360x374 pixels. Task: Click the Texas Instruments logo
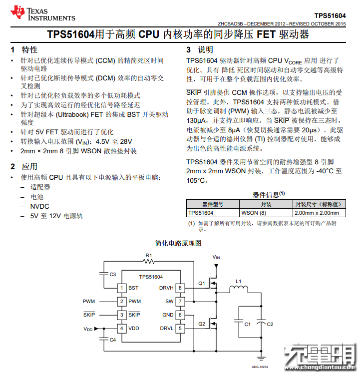42,13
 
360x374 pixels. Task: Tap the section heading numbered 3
200,49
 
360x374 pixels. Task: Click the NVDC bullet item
40,206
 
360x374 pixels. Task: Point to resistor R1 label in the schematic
149,256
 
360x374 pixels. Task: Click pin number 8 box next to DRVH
180,288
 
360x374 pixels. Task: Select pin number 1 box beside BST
120,288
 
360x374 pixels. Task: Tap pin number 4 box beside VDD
120,328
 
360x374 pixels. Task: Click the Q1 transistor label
202,284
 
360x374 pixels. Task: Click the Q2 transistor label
202,324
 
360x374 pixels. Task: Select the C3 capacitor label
113,274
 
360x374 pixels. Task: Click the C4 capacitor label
113,340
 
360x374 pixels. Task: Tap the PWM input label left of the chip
88,302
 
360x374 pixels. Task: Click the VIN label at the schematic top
216,257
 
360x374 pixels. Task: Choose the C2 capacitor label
270,324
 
